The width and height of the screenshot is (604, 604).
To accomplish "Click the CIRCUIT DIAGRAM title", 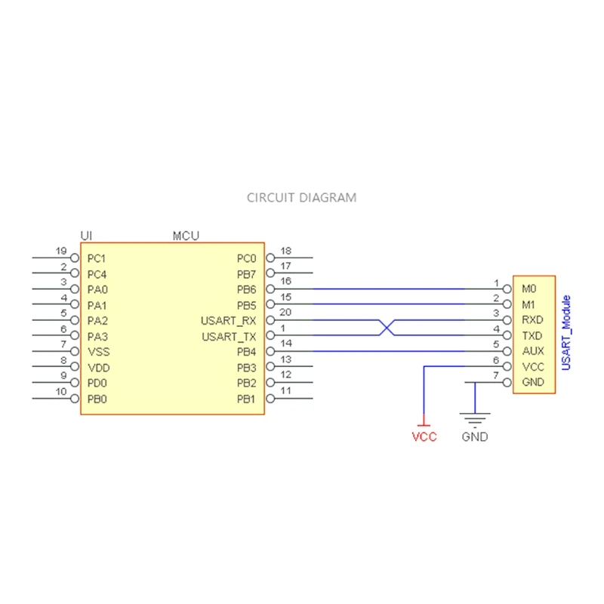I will click(302, 198).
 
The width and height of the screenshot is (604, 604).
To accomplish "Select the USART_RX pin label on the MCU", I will click(229, 321).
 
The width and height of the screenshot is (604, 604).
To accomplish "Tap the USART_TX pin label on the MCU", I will click(229, 337).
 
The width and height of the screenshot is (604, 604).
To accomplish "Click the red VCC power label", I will click(424, 437).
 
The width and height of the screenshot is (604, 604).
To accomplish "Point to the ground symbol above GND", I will click(475, 419).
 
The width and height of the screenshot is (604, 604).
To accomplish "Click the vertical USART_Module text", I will click(566, 332).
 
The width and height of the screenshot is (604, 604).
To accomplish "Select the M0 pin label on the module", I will click(528, 289).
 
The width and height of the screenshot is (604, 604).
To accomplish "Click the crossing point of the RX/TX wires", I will click(387, 328).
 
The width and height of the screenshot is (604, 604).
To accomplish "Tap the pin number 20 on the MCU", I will click(285, 313).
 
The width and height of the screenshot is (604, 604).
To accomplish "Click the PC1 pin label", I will click(97, 258).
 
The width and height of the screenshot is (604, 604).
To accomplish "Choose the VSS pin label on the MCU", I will click(97, 352).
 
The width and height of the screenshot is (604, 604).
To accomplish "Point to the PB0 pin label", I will click(97, 399).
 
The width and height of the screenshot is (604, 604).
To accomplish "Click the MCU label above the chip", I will click(186, 236).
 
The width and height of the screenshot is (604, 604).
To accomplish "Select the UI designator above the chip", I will click(86, 236).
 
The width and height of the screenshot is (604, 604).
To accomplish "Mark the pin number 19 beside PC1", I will click(61, 251).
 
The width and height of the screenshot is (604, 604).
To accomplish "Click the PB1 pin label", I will click(246, 399).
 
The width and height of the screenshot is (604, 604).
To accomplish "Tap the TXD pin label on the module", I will click(532, 336).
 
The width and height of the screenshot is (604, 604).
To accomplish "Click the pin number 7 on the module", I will click(496, 375).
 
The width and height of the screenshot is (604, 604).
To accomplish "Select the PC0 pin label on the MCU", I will click(246, 258).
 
